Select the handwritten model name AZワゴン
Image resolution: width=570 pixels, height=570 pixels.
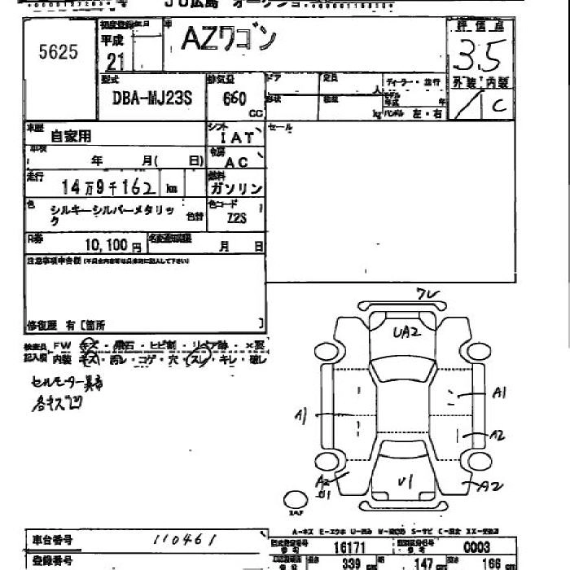click(229, 41)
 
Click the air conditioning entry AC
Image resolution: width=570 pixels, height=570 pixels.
click(236, 163)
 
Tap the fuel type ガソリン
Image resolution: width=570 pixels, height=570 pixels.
click(236, 188)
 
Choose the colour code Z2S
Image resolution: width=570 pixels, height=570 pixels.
click(236, 218)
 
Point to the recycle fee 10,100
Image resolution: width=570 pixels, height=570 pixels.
click(106, 244)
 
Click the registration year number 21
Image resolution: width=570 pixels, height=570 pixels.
click(115, 62)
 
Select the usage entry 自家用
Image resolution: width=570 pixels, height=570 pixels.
click(72, 136)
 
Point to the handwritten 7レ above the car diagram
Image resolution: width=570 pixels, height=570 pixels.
click(426, 294)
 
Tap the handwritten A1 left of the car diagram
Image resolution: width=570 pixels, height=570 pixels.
click(301, 417)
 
